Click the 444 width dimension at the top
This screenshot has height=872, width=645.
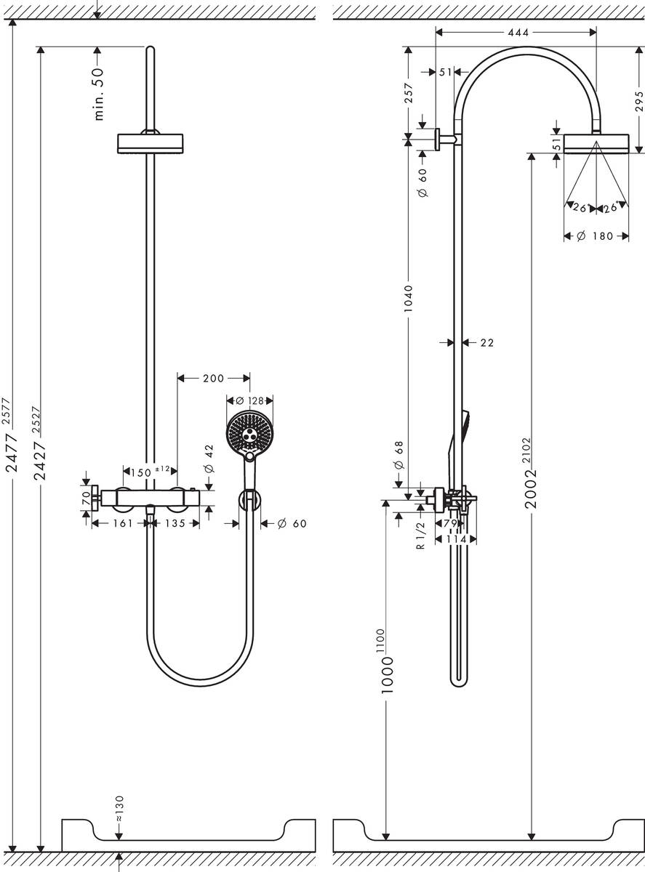[515, 32]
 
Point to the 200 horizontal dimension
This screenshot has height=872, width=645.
[213, 378]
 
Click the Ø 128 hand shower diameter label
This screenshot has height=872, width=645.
[249, 400]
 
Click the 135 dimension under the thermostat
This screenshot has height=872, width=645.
[175, 523]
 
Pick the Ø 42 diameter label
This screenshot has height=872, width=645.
[210, 459]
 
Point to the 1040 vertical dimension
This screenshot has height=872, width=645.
[408, 299]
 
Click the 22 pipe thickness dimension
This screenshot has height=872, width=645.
[486, 342]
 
